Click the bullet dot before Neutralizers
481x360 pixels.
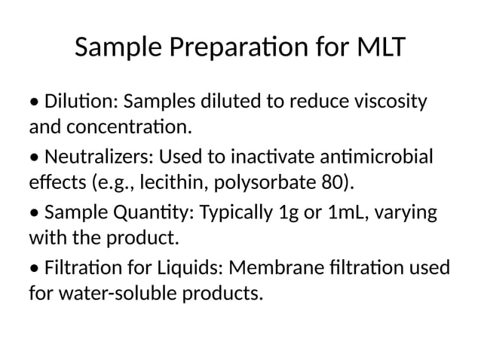pos(35,158)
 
